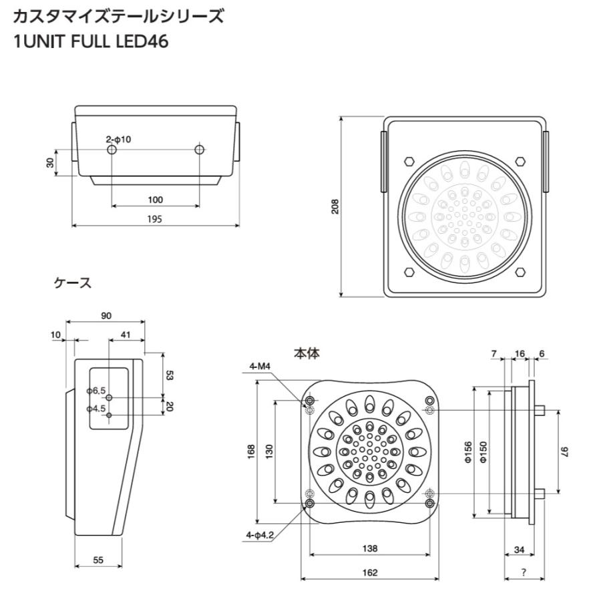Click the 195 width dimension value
pos(155,219)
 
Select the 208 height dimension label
pos(335,206)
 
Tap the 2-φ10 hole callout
pos(118,139)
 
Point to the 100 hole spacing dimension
pos(155,200)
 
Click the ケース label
pos(73,283)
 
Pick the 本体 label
pos(307,353)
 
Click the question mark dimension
pos(524,572)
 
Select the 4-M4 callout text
pos(260,367)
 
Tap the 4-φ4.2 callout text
pos(260,535)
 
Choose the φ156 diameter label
pos(468,452)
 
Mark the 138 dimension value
pos(370,548)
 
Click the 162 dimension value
pos(370,573)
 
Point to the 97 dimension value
pos(564,451)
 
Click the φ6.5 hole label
pos(96,391)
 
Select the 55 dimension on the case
pos(98,560)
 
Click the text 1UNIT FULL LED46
pos(91,41)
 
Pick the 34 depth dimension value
pos(519,550)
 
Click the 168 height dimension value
pos(251,451)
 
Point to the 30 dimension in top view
pos(50,162)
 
